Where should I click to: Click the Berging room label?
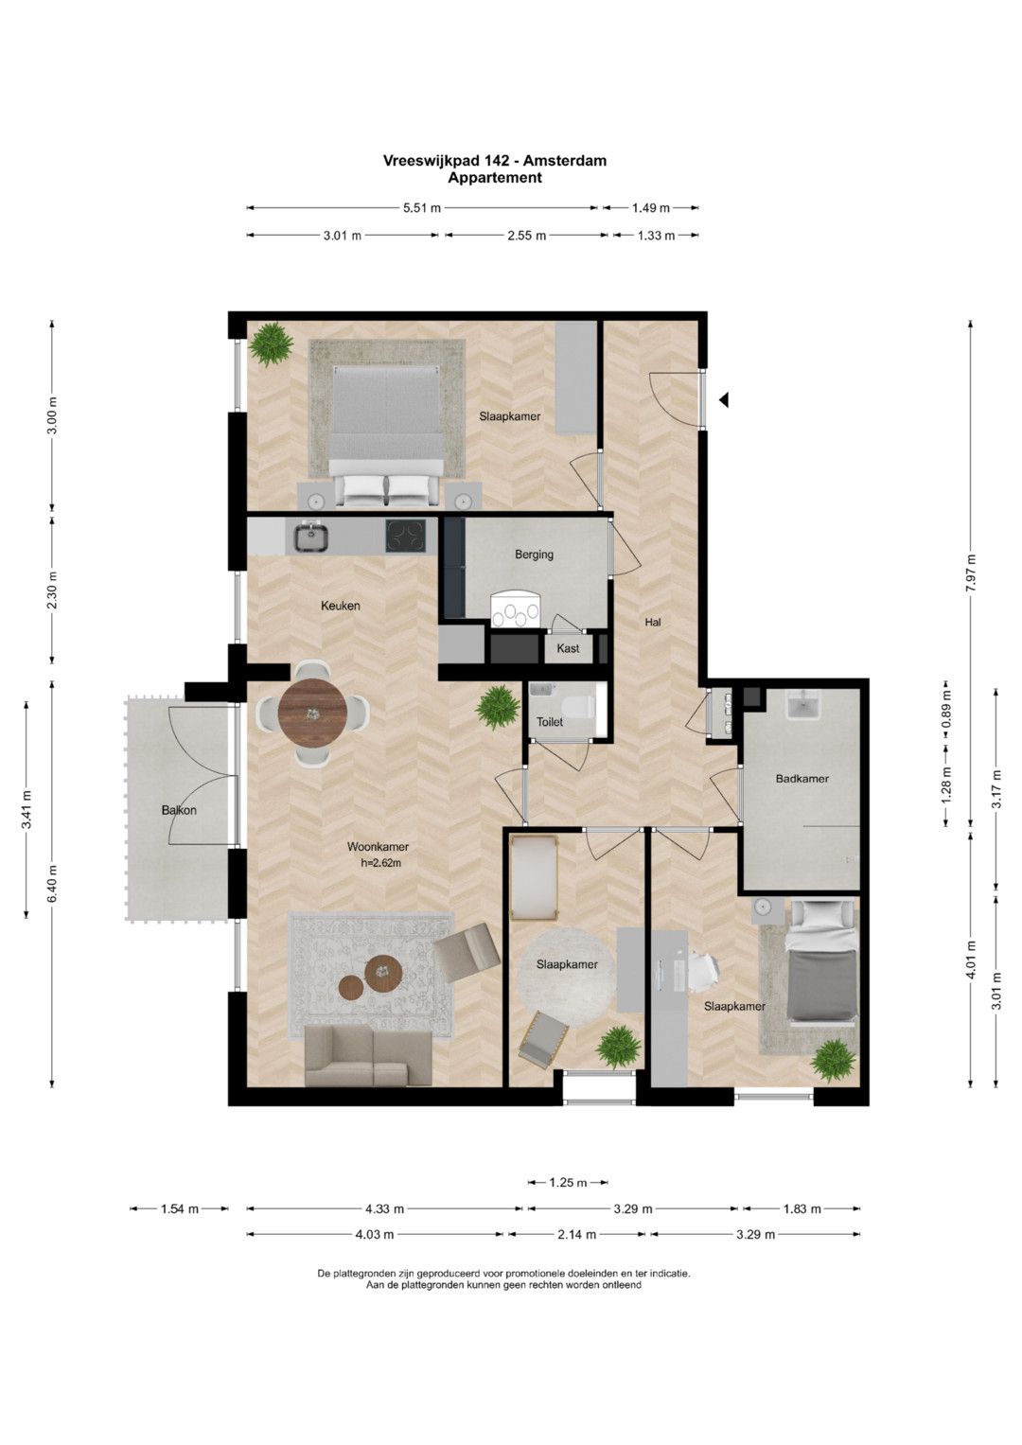[534, 555]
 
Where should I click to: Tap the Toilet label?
[550, 722]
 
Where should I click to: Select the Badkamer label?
[802, 779]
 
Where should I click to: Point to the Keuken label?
[341, 606]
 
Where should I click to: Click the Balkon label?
[179, 810]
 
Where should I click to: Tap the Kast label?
[568, 648]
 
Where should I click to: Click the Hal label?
[653, 623]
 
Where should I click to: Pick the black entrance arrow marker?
[724, 400]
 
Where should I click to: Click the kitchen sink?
[313, 538]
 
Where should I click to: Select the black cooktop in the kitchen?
[407, 536]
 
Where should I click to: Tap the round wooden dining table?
[313, 713]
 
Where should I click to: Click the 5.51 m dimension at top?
[422, 208]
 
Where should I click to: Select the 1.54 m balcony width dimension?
[180, 1208]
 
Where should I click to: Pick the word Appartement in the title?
[495, 177]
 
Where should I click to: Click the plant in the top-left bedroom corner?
[271, 344]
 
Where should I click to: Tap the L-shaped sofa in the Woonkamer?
[368, 1057]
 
